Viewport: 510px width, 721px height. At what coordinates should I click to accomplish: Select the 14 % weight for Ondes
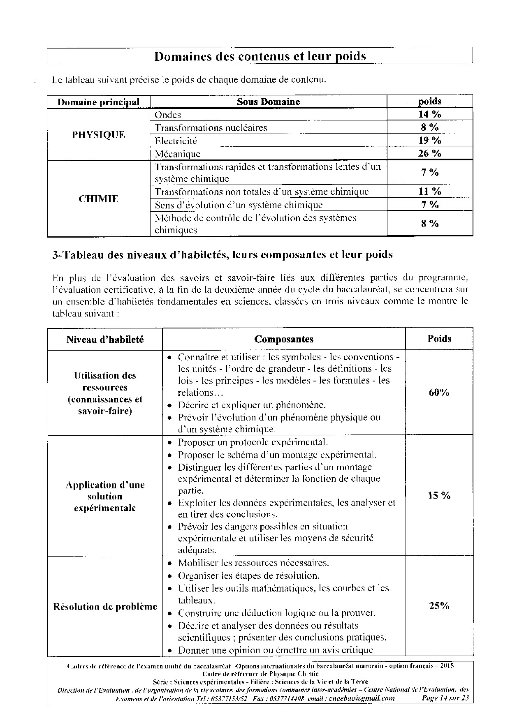[429, 114]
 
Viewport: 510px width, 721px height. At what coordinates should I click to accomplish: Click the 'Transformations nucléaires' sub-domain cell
[211, 128]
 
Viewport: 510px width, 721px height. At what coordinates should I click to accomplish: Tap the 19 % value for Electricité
[429, 141]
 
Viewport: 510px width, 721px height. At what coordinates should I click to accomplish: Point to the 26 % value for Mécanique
[429, 154]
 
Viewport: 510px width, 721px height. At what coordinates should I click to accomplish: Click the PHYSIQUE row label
[99, 135]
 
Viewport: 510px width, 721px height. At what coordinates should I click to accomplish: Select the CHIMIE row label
[99, 199]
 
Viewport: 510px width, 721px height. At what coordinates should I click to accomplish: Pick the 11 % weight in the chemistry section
[429, 191]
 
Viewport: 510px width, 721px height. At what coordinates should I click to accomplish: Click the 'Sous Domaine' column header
[268, 102]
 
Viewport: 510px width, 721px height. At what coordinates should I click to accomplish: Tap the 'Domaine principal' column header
[99, 102]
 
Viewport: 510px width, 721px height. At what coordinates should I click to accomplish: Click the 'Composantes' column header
[284, 339]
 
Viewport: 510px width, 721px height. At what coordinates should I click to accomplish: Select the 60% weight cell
[439, 393]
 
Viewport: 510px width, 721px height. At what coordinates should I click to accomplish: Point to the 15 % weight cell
[439, 495]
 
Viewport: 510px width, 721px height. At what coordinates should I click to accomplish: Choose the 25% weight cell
[439, 606]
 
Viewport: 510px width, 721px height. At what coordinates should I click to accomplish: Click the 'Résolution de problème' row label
[105, 607]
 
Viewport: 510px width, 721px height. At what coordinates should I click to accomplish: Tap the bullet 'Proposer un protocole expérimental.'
[253, 443]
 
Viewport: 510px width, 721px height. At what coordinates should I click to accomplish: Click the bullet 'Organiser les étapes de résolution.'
[248, 575]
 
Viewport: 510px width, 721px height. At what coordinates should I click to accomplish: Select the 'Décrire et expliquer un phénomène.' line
[252, 405]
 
